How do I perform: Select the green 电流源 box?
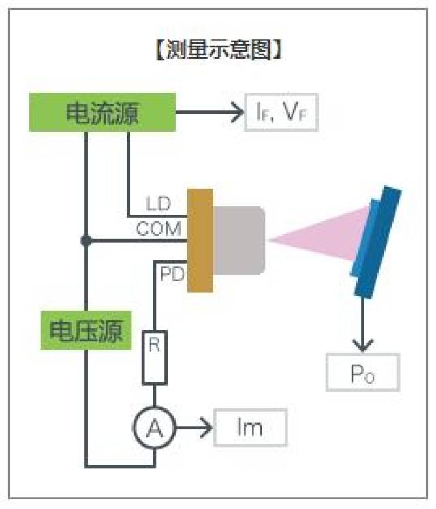102,113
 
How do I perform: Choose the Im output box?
250,428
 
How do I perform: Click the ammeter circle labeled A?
155,429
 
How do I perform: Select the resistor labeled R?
155,356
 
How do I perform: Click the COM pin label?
158,230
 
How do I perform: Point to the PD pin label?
171,274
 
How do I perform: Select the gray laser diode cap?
238,241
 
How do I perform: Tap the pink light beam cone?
320,237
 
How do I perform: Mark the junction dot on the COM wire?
85,241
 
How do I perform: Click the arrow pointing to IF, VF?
211,113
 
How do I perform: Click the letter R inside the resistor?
155,345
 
